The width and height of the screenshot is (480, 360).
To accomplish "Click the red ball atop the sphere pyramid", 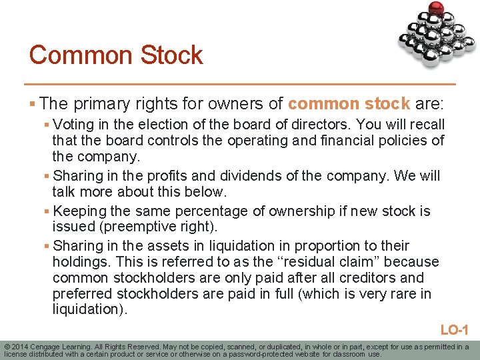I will point(437,8).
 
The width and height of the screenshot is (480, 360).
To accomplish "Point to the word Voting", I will point(74,125).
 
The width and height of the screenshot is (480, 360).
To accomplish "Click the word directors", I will point(322,125).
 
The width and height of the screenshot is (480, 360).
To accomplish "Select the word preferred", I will point(82,294).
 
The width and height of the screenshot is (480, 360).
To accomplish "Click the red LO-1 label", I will point(455,329).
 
